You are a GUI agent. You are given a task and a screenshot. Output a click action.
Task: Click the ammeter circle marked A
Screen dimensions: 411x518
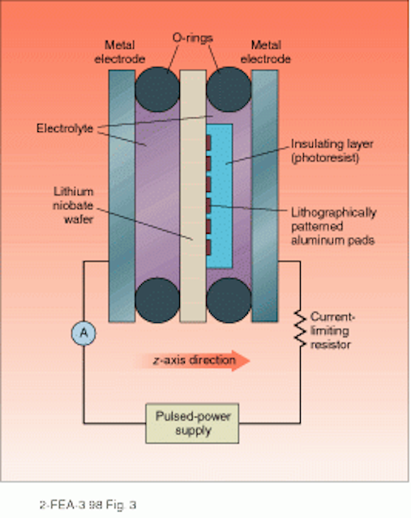click(83, 333)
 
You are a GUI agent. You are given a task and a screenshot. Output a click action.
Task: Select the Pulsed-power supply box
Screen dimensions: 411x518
click(192, 423)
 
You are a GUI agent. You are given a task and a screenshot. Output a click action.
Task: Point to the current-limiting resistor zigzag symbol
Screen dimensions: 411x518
click(300, 329)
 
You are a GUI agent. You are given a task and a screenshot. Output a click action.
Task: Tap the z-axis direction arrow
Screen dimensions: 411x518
click(192, 360)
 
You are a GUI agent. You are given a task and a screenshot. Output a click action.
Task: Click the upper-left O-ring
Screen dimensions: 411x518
click(157, 90)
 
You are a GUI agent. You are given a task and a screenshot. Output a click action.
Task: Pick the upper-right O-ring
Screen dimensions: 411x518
click(229, 90)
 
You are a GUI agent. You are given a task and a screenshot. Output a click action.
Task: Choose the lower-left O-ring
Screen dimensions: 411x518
click(157, 300)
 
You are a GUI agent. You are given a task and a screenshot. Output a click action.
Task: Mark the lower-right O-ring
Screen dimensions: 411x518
click(229, 300)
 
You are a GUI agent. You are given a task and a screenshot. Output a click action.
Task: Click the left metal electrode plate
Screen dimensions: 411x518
click(122, 196)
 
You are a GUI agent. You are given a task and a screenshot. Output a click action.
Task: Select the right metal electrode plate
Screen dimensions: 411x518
click(265, 196)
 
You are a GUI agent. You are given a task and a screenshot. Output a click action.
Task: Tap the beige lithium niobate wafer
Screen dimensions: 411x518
click(193, 196)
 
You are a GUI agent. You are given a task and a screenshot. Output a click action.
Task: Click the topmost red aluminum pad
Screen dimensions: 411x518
click(208, 142)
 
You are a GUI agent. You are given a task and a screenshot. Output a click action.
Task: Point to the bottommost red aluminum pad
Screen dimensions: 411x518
click(208, 248)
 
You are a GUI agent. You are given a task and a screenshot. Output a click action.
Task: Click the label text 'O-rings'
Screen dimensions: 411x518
click(193, 39)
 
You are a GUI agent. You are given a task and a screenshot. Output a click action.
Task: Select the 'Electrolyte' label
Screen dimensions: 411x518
click(65, 128)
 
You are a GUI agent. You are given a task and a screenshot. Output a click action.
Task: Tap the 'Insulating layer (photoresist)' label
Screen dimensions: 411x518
click(332, 151)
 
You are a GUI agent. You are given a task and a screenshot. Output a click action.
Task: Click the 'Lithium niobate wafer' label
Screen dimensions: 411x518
click(73, 206)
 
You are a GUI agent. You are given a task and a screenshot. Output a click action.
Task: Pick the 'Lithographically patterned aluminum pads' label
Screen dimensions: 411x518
click(333, 227)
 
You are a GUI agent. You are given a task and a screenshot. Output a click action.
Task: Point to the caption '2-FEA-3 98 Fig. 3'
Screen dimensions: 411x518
click(88, 505)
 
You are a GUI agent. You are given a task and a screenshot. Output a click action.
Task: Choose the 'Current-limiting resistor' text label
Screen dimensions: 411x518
click(332, 331)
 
